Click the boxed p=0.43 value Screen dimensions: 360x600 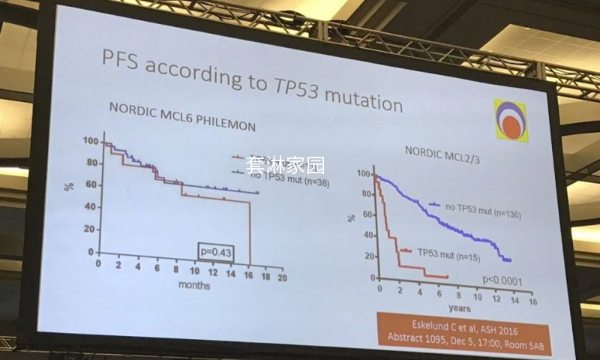click(x=215, y=251)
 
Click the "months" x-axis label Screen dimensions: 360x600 click(x=193, y=285)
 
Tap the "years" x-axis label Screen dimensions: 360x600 click(x=459, y=307)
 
